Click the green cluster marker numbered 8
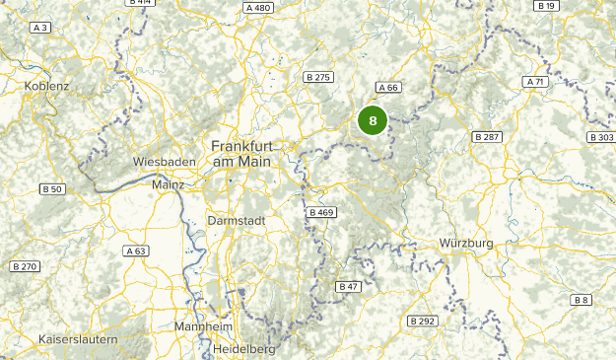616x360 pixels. pyautogui.click(x=373, y=121)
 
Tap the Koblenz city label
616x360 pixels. pyautogui.click(x=46, y=87)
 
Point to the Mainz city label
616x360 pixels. pyautogui.click(x=169, y=183)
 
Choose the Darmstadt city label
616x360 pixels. pyautogui.click(x=237, y=221)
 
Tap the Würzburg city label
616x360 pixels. pyautogui.click(x=466, y=243)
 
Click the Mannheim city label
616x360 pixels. pyautogui.click(x=202, y=326)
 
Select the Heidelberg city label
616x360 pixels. pyautogui.click(x=243, y=349)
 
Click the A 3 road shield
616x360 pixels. pyautogui.click(x=40, y=29)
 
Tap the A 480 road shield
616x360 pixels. pyautogui.click(x=257, y=8)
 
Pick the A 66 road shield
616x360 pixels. pyautogui.click(x=387, y=87)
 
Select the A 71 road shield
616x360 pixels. pyautogui.click(x=536, y=82)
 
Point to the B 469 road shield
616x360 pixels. pyautogui.click(x=321, y=212)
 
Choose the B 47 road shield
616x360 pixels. pyautogui.click(x=348, y=286)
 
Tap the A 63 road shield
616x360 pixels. pyautogui.click(x=136, y=252)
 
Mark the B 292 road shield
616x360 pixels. pyautogui.click(x=422, y=321)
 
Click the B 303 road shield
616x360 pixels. pyautogui.click(x=600, y=137)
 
